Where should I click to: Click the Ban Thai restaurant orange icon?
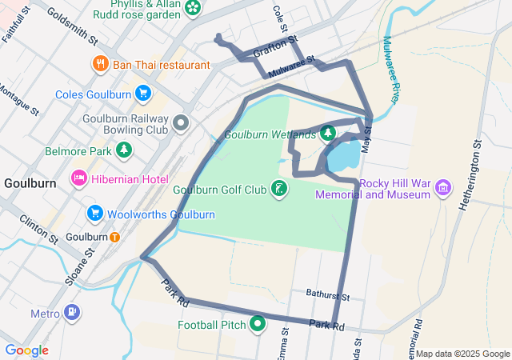point(100,64)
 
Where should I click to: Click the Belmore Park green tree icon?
point(123,150)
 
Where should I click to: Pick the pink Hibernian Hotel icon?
point(80,178)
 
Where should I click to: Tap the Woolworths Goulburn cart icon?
point(95,214)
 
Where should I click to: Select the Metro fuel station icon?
point(71,312)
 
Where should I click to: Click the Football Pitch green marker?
point(258,324)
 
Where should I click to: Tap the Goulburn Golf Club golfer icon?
point(279,190)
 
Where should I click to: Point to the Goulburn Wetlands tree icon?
point(327,134)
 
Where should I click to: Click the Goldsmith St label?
point(72,26)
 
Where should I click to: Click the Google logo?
point(26,350)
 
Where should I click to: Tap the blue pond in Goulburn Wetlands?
point(344,156)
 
